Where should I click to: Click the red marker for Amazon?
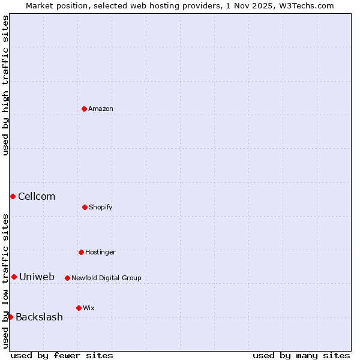(84, 109)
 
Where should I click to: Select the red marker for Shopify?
(85, 207)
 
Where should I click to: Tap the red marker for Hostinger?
(81, 252)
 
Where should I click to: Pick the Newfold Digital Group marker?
(67, 278)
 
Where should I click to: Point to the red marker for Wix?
(79, 308)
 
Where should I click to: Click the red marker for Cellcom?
(13, 196)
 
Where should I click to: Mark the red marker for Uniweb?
(14, 277)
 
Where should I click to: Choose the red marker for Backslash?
(10, 317)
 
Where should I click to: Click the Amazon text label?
(101, 109)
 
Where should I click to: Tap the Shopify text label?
(101, 207)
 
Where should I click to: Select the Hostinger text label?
(100, 252)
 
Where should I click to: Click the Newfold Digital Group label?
(106, 278)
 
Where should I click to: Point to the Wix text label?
(89, 308)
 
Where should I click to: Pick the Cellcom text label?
(37, 196)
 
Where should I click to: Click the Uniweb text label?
(37, 277)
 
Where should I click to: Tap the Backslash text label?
(39, 317)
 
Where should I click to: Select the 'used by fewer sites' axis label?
(62, 355)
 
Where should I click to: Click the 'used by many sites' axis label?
(301, 355)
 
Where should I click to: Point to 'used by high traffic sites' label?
(5, 85)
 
